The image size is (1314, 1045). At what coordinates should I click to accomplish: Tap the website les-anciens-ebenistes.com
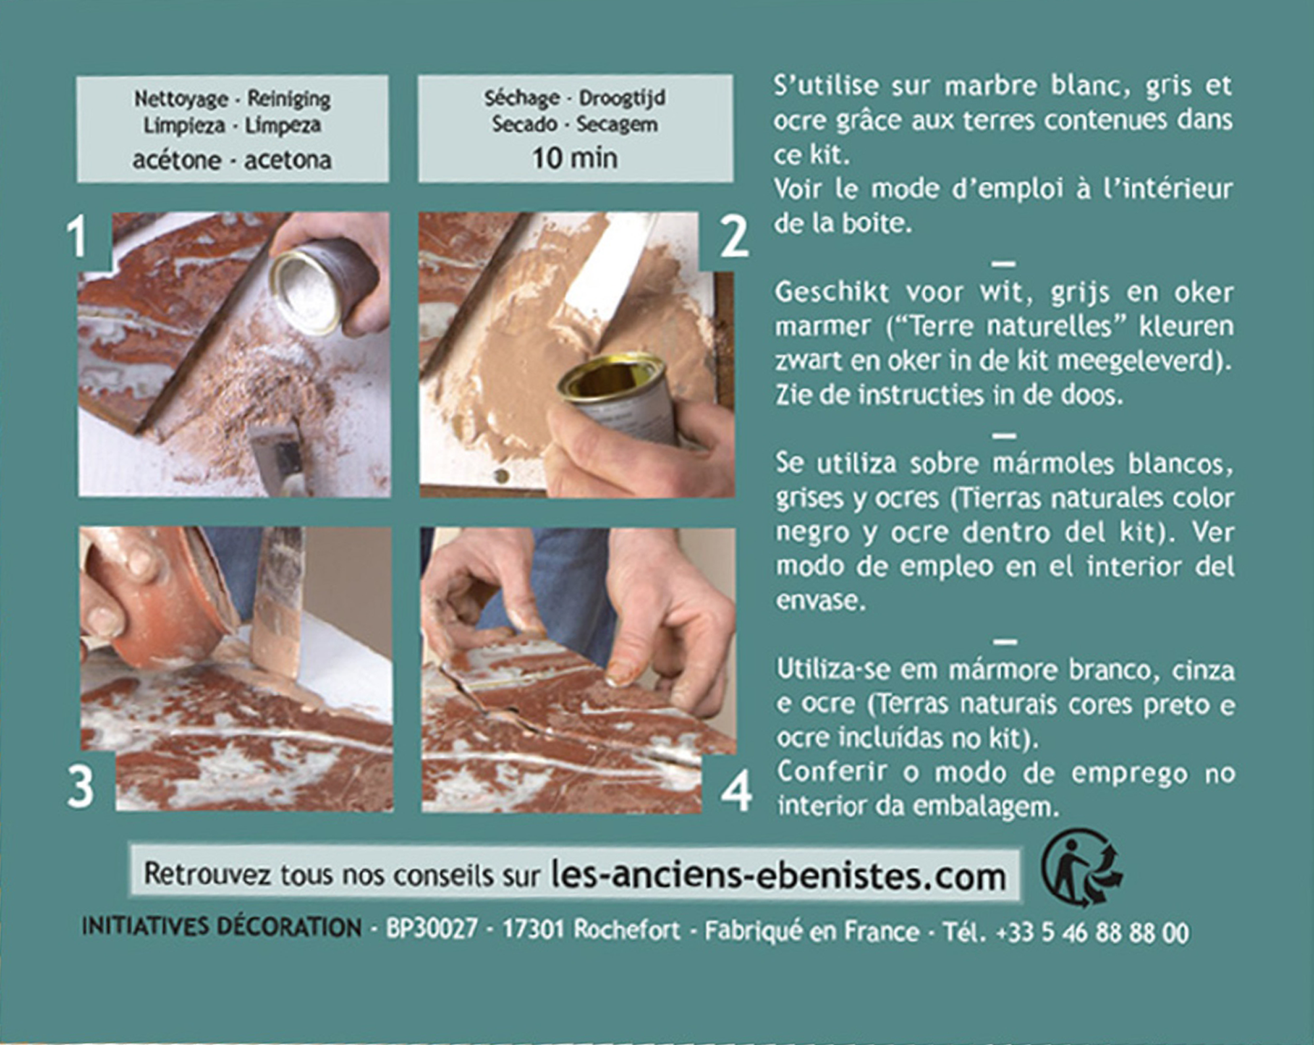pyautogui.click(x=779, y=876)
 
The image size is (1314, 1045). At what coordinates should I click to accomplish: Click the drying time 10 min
pyautogui.click(x=575, y=158)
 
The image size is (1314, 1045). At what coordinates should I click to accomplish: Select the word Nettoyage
pyautogui.click(x=181, y=99)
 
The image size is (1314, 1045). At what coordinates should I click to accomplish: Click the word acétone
pyautogui.click(x=177, y=160)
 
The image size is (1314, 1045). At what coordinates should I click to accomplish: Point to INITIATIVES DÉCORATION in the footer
pyautogui.click(x=221, y=927)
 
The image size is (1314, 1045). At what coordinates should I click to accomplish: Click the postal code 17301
pyautogui.click(x=533, y=929)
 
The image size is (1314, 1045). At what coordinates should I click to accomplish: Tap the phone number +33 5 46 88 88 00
pyautogui.click(x=1092, y=933)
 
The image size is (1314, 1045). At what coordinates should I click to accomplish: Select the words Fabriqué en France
pyautogui.click(x=811, y=931)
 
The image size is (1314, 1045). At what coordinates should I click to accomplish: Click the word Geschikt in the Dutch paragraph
pyautogui.click(x=832, y=292)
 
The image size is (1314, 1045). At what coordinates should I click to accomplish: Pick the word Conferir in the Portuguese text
pyautogui.click(x=832, y=772)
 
